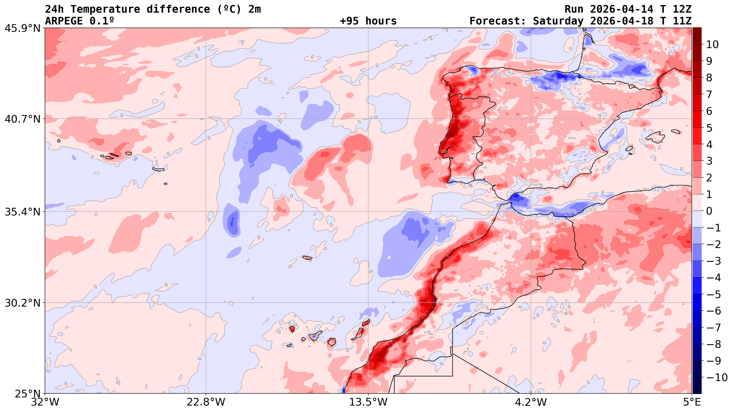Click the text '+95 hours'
[x=368, y=21]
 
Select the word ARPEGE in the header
[x=64, y=21]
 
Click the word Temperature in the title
[x=105, y=9]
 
